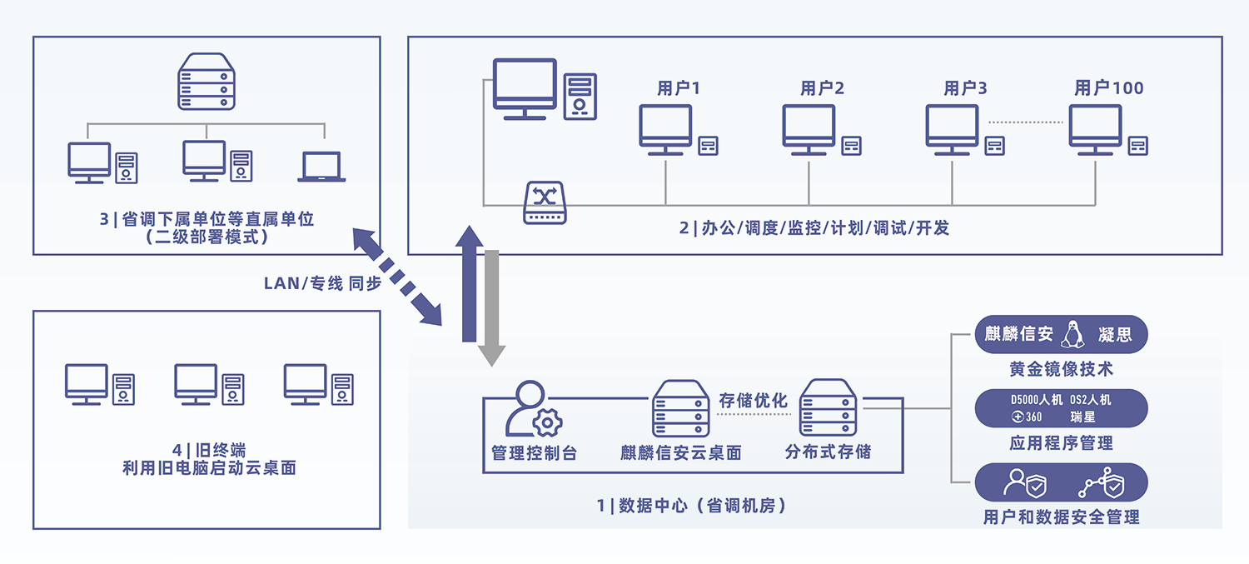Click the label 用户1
click(x=679, y=88)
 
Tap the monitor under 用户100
click(x=1095, y=128)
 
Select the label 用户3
click(x=965, y=88)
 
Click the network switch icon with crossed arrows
click(x=545, y=202)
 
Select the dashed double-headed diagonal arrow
click(x=396, y=276)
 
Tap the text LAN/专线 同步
click(x=322, y=283)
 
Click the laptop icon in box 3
click(x=321, y=167)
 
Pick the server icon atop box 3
click(x=204, y=82)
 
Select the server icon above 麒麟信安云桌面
click(x=680, y=408)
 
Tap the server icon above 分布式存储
click(x=829, y=408)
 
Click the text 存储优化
click(x=754, y=401)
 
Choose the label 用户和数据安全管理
click(x=1061, y=517)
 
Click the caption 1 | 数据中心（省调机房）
click(x=691, y=505)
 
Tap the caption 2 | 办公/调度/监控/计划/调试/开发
click(x=814, y=227)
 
